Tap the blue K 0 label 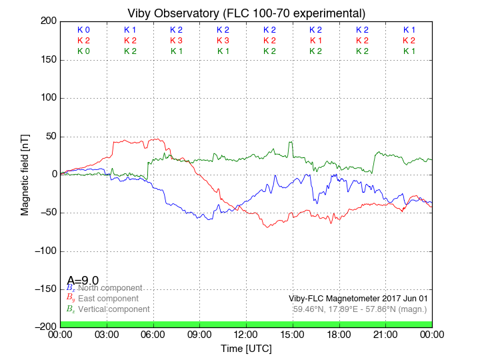click(83, 30)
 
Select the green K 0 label click(83, 51)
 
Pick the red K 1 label click(315, 41)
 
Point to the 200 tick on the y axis click(48, 21)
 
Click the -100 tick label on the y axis click(45, 251)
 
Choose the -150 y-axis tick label click(45, 289)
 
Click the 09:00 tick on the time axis click(199, 334)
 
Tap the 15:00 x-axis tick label click(293, 334)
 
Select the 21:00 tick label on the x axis click(385, 334)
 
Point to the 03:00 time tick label click(107, 334)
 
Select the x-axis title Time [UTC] click(246, 349)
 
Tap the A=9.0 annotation click(83, 281)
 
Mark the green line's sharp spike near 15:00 click(291, 142)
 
